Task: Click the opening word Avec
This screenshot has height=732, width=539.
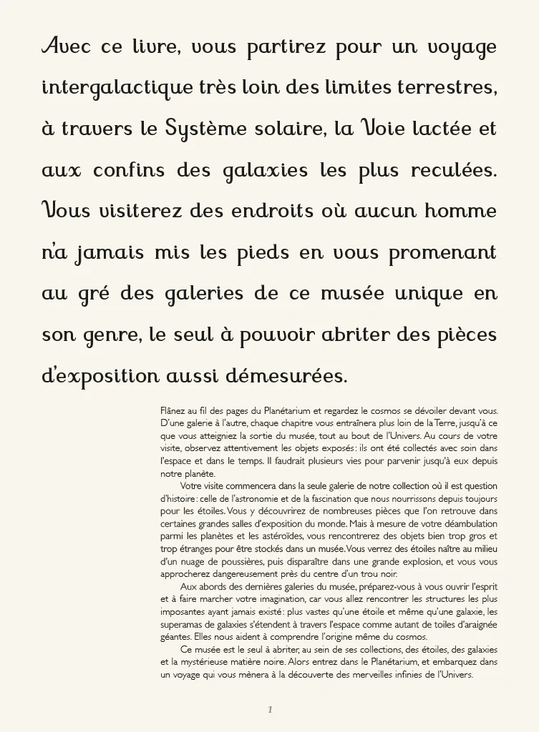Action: coord(66,47)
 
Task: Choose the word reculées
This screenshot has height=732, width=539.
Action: coord(454,172)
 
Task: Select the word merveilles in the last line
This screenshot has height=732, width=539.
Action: coord(392,673)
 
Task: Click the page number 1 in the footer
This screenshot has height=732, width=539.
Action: coord(270,710)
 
